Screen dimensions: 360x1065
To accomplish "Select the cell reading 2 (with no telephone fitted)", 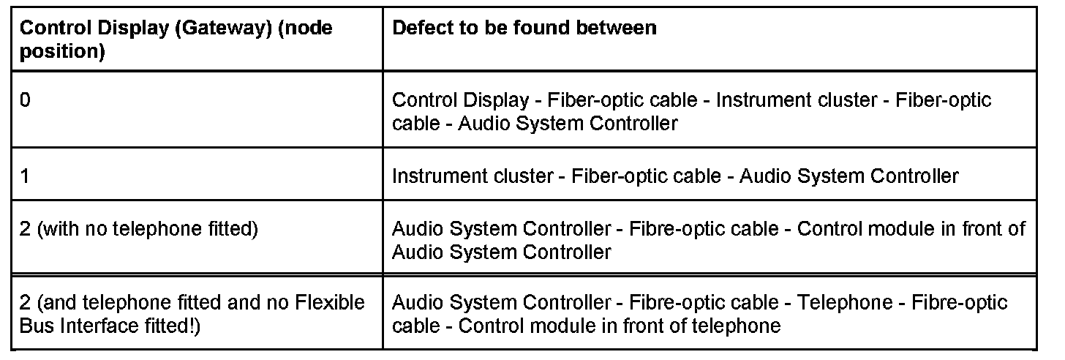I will click(x=139, y=229).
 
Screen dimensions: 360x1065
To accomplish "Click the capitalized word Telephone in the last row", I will click(x=845, y=302).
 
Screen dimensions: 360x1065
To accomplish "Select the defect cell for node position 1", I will click(x=674, y=176).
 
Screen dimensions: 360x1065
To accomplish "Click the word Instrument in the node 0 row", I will click(x=757, y=100).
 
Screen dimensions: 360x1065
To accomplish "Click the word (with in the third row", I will click(x=56, y=229).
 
